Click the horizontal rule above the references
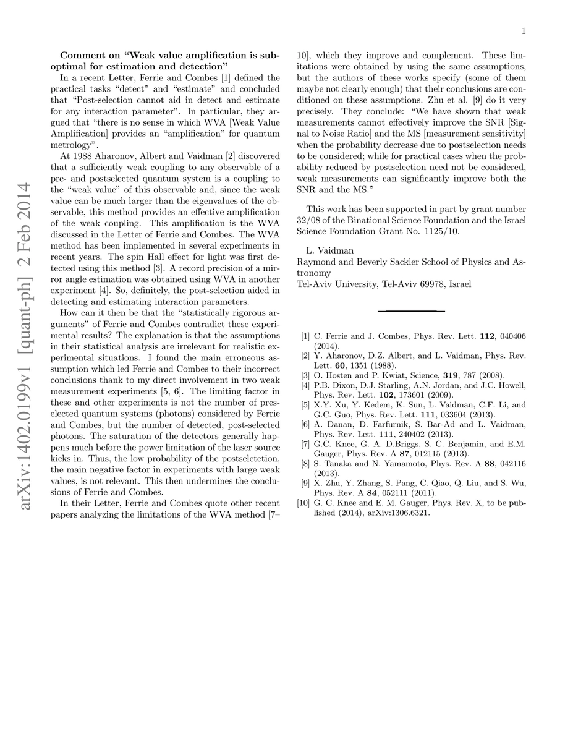click(x=410, y=310)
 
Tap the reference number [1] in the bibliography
click(x=305, y=336)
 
